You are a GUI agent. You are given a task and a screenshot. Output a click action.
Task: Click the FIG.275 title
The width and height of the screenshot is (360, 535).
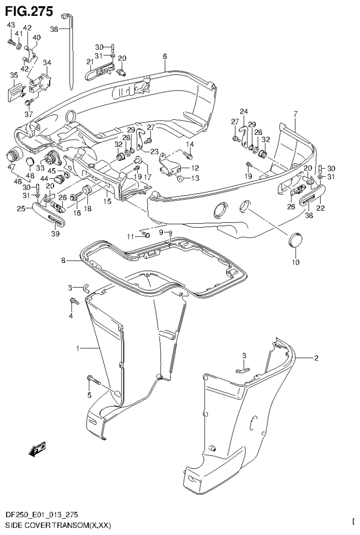click(27, 9)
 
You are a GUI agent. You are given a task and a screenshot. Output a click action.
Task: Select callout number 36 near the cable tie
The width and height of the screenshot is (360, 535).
click(54, 29)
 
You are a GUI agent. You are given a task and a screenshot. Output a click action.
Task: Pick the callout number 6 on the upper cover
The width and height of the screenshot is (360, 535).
click(165, 57)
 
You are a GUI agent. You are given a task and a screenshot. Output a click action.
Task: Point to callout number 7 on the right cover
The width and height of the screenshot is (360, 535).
click(295, 114)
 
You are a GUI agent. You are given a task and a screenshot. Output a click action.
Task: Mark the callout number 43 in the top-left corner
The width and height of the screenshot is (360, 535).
click(11, 24)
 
